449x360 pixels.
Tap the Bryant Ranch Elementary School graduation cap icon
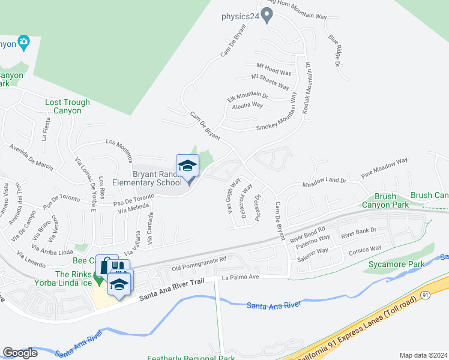point(187,166)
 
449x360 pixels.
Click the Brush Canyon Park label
point(385,200)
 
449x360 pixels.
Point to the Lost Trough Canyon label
point(67,106)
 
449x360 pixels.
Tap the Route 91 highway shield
point(425,295)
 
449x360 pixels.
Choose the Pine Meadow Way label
point(384,169)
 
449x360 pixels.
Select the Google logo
point(20,353)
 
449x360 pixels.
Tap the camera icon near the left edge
point(24,41)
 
